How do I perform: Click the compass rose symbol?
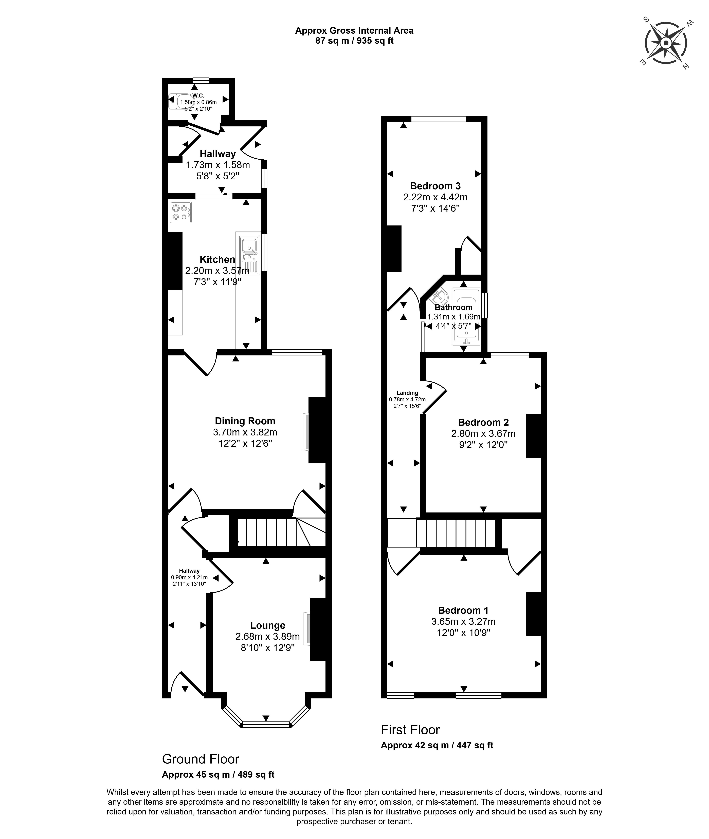click(x=666, y=43)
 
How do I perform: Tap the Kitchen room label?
click(x=217, y=260)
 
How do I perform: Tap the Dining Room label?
click(x=245, y=421)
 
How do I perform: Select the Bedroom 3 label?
click(x=435, y=186)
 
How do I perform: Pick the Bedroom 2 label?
click(x=483, y=422)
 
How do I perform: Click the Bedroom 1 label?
click(x=463, y=610)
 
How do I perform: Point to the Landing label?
click(x=407, y=393)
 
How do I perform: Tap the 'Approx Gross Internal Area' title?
click(x=354, y=31)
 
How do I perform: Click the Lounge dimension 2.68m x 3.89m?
click(x=268, y=637)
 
